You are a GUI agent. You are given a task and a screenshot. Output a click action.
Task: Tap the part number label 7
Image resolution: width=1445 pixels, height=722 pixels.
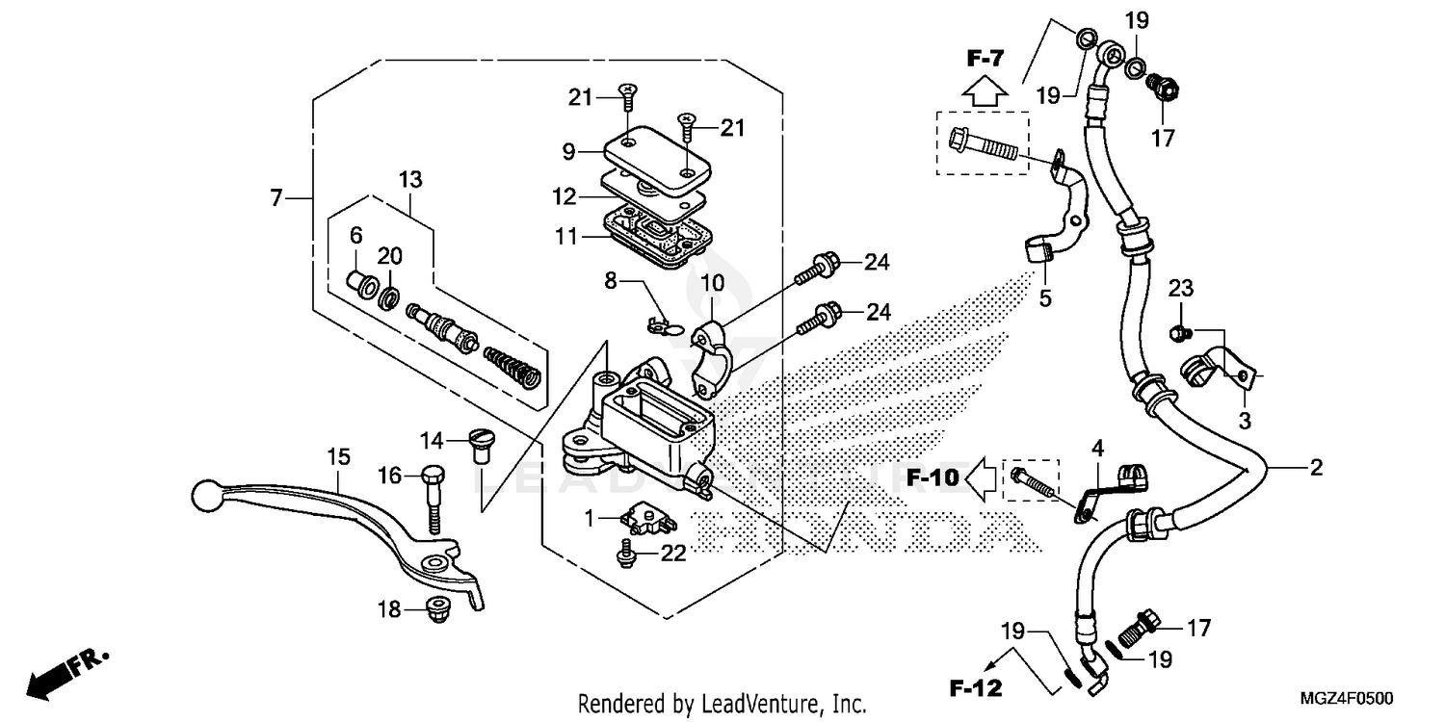[277, 198]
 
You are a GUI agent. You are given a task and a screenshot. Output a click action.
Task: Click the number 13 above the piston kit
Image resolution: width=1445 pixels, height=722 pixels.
[410, 180]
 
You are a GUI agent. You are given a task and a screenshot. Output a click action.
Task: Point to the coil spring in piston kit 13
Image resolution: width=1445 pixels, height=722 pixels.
[512, 365]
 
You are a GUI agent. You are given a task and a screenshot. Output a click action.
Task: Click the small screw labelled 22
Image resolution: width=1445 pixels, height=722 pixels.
[627, 552]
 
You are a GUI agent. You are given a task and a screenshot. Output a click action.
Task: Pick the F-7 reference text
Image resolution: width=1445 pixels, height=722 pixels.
[985, 59]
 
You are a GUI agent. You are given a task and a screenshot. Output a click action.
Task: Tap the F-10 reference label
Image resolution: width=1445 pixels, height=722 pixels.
[933, 476]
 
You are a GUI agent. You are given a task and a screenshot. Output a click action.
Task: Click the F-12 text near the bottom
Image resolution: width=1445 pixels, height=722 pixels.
[974, 688]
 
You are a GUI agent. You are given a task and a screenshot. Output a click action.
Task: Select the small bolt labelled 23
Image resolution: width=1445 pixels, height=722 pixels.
[1176, 334]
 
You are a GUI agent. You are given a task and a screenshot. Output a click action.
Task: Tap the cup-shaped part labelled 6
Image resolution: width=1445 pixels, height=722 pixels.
[361, 286]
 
